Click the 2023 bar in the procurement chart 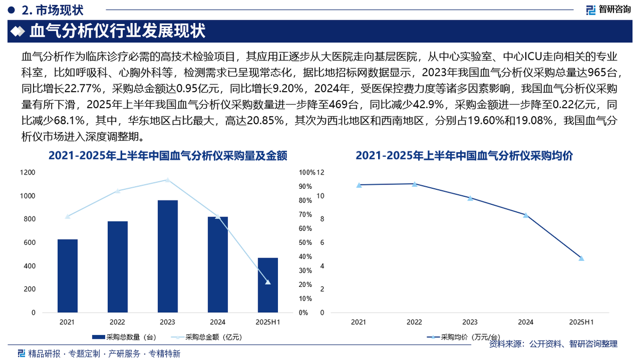tap(167, 257)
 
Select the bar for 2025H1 tap(268, 285)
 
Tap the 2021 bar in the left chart tap(67, 276)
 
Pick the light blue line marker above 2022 tap(117, 191)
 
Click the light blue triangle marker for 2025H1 tap(268, 282)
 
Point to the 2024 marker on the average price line tap(525, 215)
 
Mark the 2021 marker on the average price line tap(358, 185)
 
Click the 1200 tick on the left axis tap(28, 172)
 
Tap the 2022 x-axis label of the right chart tap(414, 322)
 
